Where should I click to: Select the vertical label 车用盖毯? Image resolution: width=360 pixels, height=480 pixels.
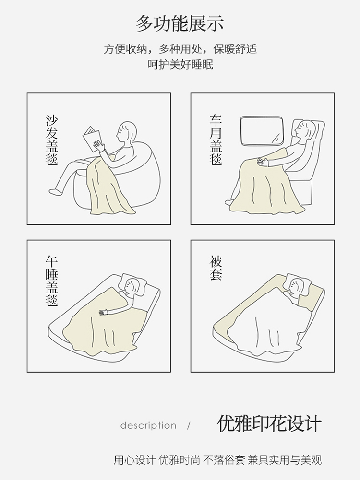(216, 140)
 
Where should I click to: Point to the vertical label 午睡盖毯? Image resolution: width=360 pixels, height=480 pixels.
(52, 281)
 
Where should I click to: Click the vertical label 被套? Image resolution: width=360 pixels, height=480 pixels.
(216, 268)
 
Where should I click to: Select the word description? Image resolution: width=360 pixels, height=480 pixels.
(148, 425)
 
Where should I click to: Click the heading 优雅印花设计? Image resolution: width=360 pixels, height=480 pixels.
(269, 424)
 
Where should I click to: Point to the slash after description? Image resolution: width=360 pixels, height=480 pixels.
(189, 425)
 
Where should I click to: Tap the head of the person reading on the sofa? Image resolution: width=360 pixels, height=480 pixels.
(128, 132)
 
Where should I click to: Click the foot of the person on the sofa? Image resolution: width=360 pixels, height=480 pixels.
(55, 191)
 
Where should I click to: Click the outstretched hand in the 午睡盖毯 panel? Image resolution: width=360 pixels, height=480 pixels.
(103, 313)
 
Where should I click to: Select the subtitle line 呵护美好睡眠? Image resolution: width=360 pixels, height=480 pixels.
(180, 64)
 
